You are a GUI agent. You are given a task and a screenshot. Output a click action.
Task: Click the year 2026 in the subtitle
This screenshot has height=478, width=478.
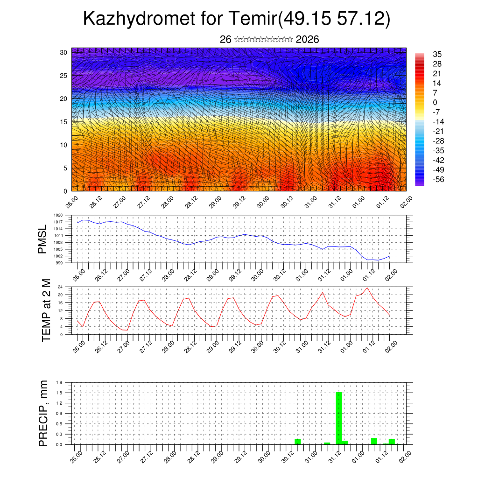pyautogui.click(x=308, y=40)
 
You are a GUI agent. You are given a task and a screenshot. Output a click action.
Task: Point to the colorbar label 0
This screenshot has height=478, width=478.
pyautogui.click(x=436, y=102)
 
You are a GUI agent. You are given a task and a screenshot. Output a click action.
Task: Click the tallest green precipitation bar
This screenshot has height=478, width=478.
pyautogui.click(x=339, y=418)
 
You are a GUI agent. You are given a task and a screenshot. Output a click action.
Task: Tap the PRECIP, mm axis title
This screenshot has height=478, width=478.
pyautogui.click(x=43, y=413)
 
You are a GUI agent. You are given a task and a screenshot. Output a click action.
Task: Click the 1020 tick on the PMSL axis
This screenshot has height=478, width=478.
pyautogui.click(x=58, y=215)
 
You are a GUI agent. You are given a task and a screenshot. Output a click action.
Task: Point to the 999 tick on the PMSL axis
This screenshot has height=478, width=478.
pyautogui.click(x=59, y=263)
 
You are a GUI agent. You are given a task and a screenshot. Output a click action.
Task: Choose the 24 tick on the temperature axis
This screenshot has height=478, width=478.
pyautogui.click(x=60, y=287)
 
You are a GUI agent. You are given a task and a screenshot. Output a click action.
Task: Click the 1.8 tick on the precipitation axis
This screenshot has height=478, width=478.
pyautogui.click(x=59, y=382)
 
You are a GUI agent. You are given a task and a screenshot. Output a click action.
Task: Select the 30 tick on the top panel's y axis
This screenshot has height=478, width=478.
pyautogui.click(x=63, y=52)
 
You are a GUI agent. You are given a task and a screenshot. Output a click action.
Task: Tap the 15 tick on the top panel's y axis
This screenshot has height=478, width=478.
pyautogui.click(x=63, y=122)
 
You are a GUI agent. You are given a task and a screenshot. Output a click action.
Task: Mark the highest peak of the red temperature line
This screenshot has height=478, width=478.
pyautogui.click(x=367, y=288)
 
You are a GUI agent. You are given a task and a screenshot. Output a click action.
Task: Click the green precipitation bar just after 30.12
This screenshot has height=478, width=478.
pyautogui.click(x=298, y=442)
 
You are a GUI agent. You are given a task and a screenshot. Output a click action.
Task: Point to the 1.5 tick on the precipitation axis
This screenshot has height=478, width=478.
pyautogui.click(x=59, y=393)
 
